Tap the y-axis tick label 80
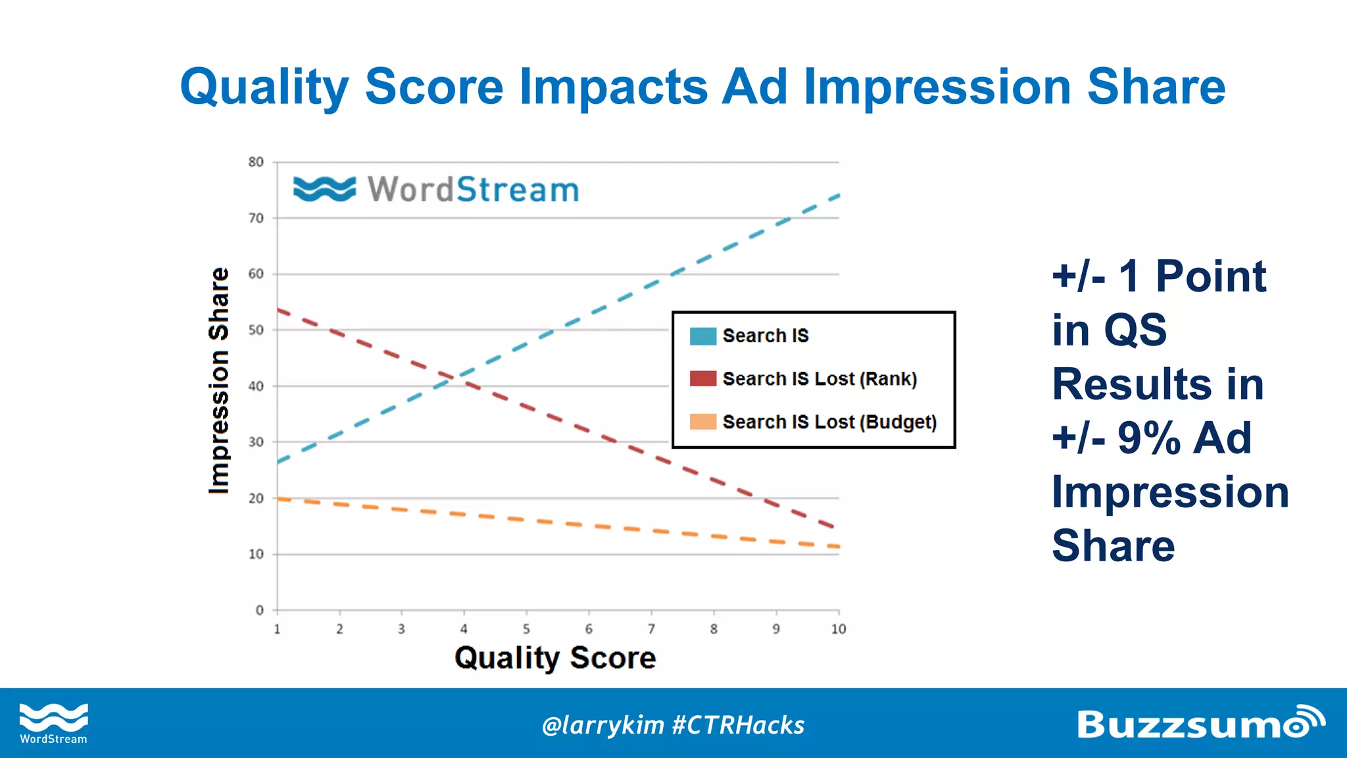click(256, 162)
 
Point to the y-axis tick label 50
click(256, 330)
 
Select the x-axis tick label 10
click(838, 629)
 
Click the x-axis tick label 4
click(464, 629)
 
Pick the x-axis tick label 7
click(651, 629)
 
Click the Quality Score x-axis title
click(555, 658)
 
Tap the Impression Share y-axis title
click(219, 380)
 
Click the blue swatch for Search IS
click(702, 336)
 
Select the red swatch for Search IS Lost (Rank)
click(702, 379)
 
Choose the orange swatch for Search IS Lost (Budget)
click(702, 422)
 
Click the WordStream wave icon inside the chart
click(324, 189)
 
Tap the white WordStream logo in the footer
click(53, 722)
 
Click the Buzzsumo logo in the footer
click(1200, 723)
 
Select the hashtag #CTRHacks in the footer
click(738, 725)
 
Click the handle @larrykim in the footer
click(602, 725)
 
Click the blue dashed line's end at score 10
click(838, 195)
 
